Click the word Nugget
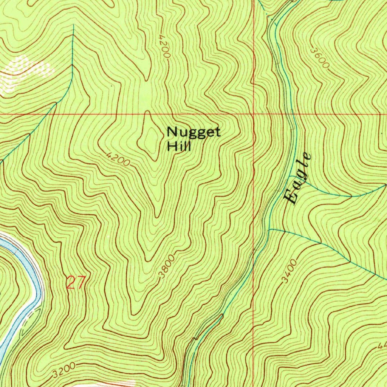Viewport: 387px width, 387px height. (193, 133)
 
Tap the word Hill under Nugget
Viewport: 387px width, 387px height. (179, 146)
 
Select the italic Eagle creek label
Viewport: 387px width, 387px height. (298, 178)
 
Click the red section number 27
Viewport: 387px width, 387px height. (77, 283)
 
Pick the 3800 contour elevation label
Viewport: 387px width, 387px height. (167, 267)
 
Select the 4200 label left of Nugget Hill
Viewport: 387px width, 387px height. (118, 159)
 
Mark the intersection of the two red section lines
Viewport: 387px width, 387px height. (253, 113)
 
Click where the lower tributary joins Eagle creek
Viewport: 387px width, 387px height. (269, 229)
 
